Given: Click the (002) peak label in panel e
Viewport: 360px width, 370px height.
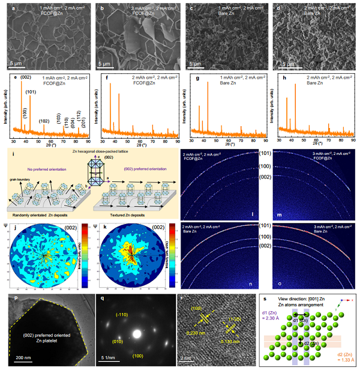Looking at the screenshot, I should click(26, 78).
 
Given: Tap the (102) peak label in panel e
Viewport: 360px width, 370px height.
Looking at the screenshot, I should click(44, 121).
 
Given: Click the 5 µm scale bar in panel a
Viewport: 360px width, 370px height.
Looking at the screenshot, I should click(15, 62).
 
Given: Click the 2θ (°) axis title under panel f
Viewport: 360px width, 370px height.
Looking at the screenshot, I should click(134, 144).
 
